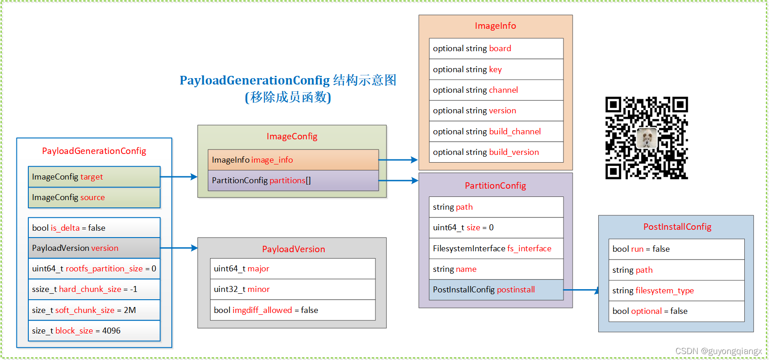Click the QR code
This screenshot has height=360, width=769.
tap(646, 138)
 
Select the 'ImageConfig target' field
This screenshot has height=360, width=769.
tap(94, 177)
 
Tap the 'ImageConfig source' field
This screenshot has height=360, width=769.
tap(94, 197)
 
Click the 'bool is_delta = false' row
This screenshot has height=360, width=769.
tap(94, 228)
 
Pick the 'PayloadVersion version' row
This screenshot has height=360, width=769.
tap(94, 248)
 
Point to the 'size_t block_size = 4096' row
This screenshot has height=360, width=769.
tap(94, 331)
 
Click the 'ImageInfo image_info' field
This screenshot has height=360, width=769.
tap(293, 160)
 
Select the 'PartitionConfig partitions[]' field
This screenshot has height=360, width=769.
tap(293, 180)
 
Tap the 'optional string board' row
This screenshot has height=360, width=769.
tap(496, 48)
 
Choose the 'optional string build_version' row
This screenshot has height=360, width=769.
tap(496, 152)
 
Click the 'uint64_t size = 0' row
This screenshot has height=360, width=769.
tap(496, 228)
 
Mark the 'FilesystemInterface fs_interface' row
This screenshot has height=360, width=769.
tap(496, 249)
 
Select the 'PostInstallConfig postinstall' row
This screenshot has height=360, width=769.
tap(496, 290)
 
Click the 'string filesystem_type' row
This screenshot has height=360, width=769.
tap(676, 291)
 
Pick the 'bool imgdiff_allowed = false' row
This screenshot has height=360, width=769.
tap(293, 310)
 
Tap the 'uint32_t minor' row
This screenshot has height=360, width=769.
tap(293, 289)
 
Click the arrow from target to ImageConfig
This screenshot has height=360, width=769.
tap(179, 177)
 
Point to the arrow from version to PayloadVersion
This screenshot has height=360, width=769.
tap(179, 248)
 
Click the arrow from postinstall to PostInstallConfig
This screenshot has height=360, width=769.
tap(581, 290)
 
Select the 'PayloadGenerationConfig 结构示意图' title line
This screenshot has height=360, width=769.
tap(288, 80)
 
